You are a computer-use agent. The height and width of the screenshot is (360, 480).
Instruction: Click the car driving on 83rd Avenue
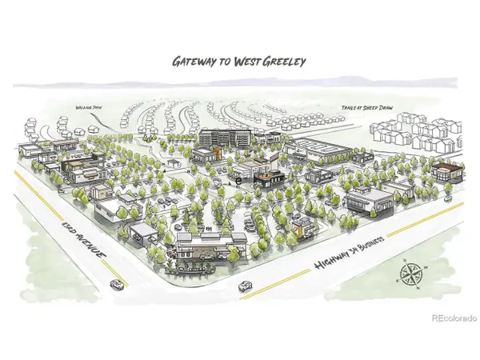click(117, 284)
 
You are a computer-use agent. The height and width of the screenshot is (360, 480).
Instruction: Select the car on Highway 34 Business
click(245, 286)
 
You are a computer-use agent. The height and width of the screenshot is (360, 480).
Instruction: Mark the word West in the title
click(248, 60)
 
